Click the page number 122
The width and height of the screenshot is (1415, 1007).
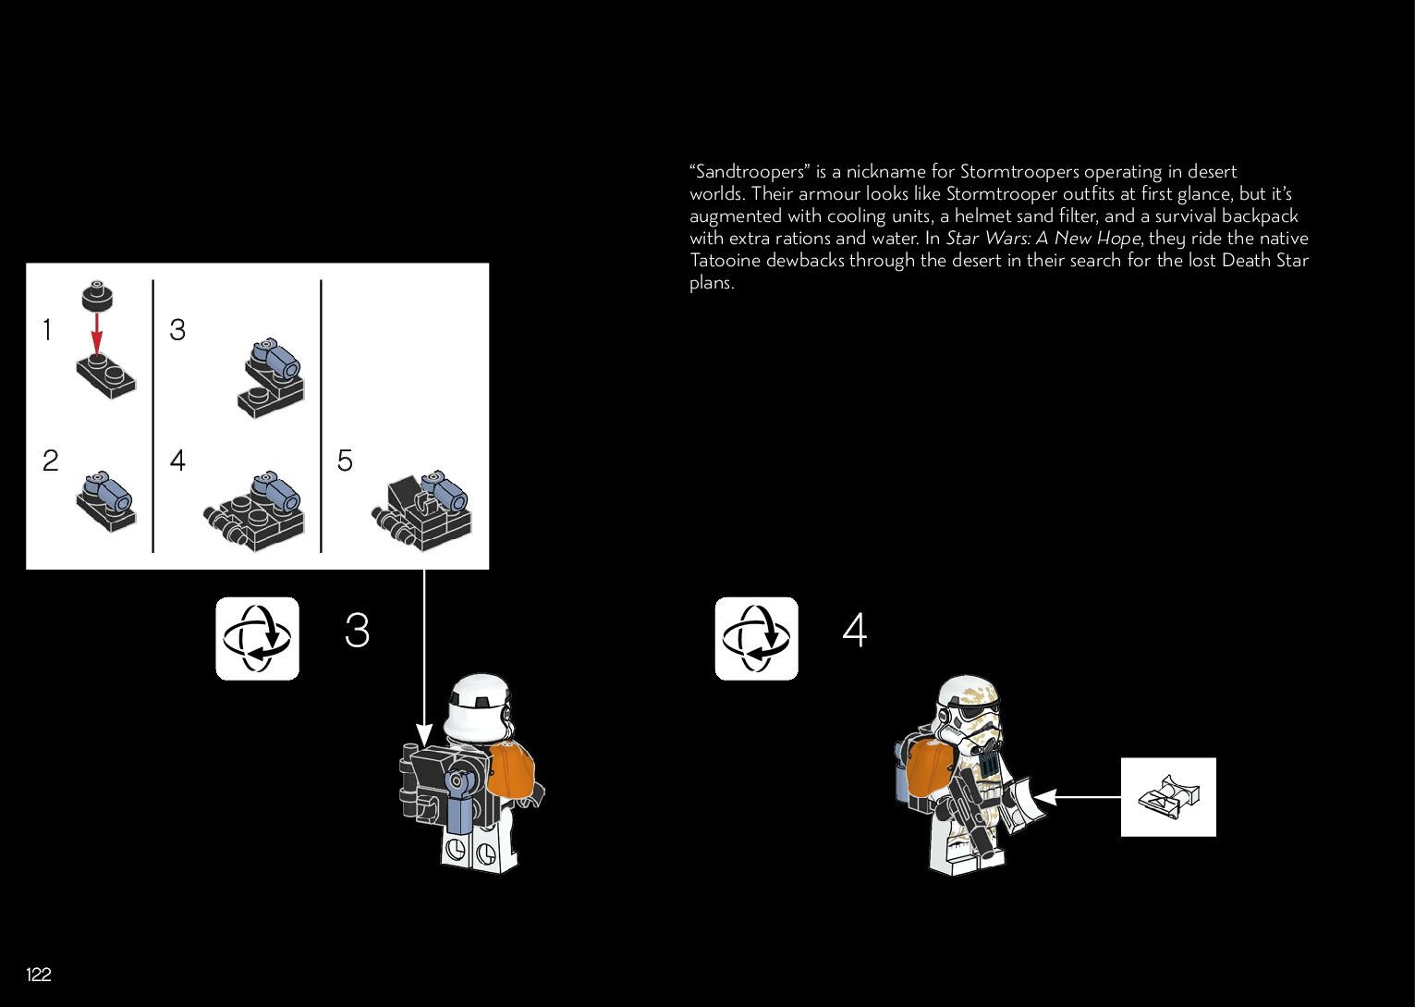(x=39, y=974)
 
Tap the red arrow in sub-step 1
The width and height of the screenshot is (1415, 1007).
(x=96, y=334)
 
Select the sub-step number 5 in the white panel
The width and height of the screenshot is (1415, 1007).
(x=345, y=461)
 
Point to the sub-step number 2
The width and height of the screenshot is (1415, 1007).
(x=51, y=461)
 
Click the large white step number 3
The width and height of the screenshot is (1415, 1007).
(x=357, y=630)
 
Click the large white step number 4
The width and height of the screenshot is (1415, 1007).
(x=855, y=630)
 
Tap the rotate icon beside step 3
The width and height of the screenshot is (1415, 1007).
(x=257, y=638)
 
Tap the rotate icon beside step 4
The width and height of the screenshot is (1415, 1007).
(x=756, y=638)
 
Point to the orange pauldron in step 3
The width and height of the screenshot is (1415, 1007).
(x=512, y=770)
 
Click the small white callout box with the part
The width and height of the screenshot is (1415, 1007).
(x=1168, y=797)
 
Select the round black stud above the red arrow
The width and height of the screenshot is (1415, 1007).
(x=97, y=295)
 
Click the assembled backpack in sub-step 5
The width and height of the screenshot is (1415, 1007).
(x=421, y=510)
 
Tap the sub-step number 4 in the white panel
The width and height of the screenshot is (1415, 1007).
(x=177, y=461)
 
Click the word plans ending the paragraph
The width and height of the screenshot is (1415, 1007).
(x=711, y=283)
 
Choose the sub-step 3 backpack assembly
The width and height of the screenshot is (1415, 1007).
(x=271, y=377)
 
